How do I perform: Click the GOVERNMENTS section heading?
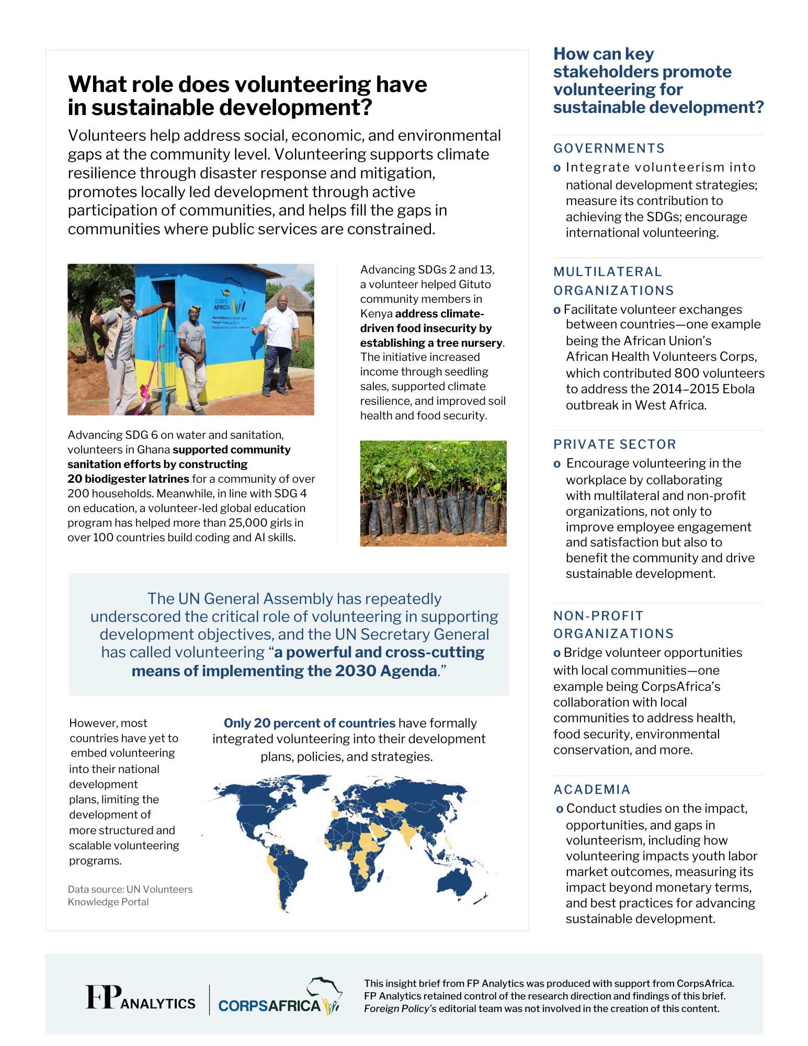(x=609, y=149)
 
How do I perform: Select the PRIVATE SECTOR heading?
(x=614, y=445)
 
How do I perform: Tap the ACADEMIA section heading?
(x=592, y=790)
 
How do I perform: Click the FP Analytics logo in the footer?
(x=140, y=998)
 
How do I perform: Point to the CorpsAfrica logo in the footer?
(x=279, y=999)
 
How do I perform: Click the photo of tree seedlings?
(x=433, y=493)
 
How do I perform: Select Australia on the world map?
(x=455, y=883)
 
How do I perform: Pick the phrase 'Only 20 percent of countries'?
(x=309, y=723)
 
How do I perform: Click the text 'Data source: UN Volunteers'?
(x=130, y=890)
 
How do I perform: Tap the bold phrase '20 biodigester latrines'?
(x=128, y=479)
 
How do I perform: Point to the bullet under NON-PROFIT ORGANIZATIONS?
(x=557, y=653)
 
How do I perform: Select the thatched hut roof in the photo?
(x=289, y=295)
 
